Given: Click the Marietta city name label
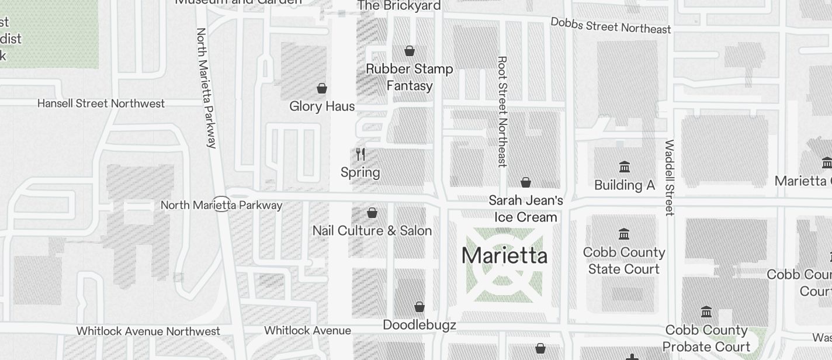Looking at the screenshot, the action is pos(504,256).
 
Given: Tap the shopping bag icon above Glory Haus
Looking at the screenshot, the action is pos(321,88).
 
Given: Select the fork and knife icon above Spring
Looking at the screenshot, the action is pos(360,154).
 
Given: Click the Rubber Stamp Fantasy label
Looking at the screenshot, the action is pos(409,77).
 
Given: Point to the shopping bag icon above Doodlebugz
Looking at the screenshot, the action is pos(419,306).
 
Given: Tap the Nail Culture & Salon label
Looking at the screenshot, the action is pos(372,230).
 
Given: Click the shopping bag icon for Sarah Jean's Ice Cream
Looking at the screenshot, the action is pos(526,182).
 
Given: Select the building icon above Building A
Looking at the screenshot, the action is pos(624,167).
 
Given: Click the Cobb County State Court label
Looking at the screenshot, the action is pos(624,261).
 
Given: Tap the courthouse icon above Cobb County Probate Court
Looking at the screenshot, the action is pos(706,311).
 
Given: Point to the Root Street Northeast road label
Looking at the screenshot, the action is pos(502,111).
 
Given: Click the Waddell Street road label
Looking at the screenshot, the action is pos(670,177).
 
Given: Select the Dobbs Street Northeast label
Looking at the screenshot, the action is pos(611,25).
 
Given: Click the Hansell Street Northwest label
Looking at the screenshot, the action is pos(101,103).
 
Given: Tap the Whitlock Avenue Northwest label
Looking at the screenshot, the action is pos(148,331).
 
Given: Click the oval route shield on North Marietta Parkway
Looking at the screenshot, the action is pos(221,205).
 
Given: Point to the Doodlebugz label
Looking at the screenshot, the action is pos(419,325).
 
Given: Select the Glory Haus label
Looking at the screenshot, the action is pos(322,106).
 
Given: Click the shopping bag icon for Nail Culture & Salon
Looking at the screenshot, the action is pos(372,213).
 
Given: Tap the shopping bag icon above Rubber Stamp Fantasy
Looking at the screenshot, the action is pos(409,51).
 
